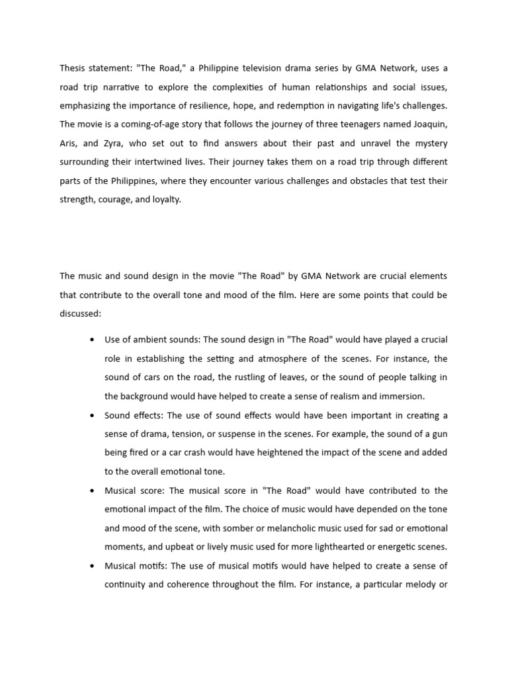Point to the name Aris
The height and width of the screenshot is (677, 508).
[x=69, y=143]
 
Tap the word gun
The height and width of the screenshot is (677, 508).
[x=439, y=434]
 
